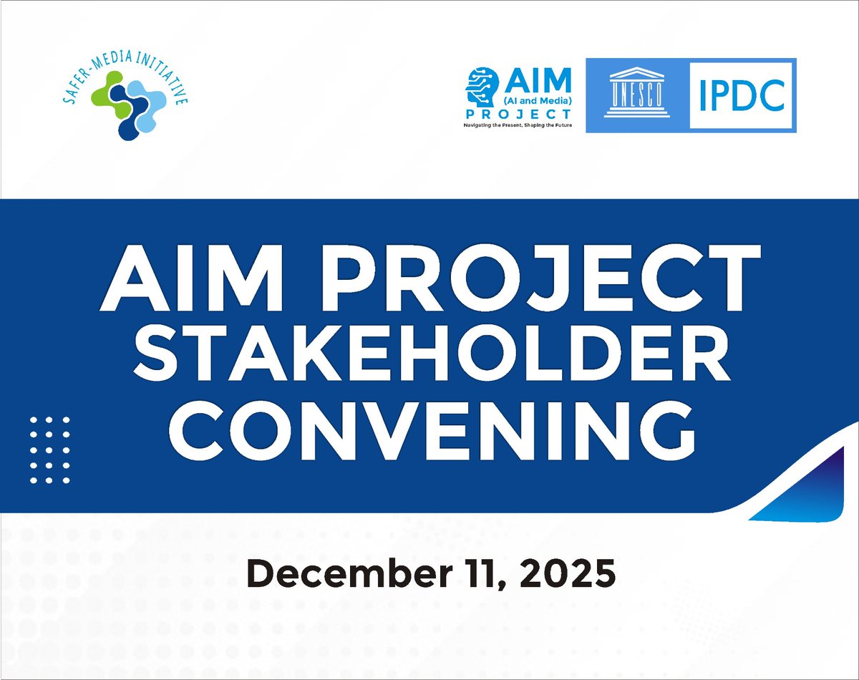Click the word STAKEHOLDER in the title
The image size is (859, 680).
pyautogui.click(x=429, y=356)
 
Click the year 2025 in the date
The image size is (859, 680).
pyautogui.click(x=566, y=575)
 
